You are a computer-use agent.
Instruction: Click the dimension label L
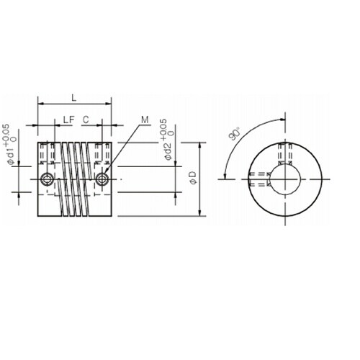pyautogui.click(x=74, y=98)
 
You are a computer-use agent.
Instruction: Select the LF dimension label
pyautogui.click(x=69, y=120)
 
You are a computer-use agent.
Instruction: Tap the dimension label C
pyautogui.click(x=86, y=120)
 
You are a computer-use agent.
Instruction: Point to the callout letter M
pyautogui.click(x=145, y=120)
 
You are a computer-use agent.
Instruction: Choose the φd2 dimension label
pyautogui.click(x=168, y=151)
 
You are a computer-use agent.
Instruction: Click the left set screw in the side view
pyautogui.click(x=48, y=179)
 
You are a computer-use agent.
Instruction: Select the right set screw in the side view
pyautogui.click(x=102, y=179)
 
